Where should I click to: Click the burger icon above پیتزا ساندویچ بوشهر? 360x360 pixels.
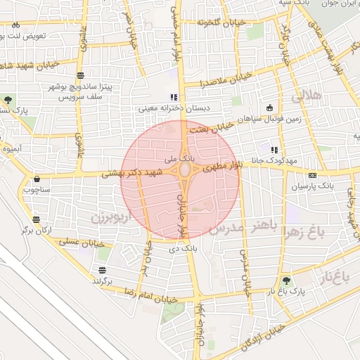click(x=81, y=75)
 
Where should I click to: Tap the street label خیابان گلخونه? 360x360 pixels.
click(x=221, y=23)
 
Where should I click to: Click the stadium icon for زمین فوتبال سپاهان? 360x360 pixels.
click(x=269, y=108)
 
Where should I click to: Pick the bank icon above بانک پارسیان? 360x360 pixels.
click(x=312, y=175)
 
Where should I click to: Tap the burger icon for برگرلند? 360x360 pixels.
click(x=103, y=270)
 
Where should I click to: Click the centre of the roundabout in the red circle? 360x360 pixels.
click(x=185, y=170)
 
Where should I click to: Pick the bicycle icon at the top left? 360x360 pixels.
click(x=16, y=24)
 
